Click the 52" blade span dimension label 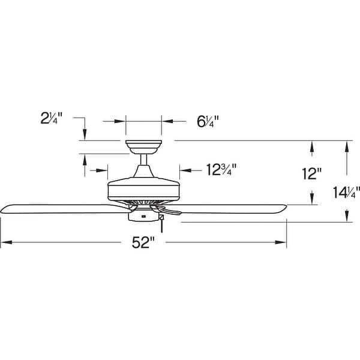pyautogui.click(x=144, y=243)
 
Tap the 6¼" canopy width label pyautogui.click(x=207, y=121)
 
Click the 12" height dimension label pyautogui.click(x=312, y=174)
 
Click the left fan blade pyautogui.click(x=60, y=208)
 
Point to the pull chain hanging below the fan pyautogui.click(x=161, y=227)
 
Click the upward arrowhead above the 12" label pyautogui.click(x=312, y=145)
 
